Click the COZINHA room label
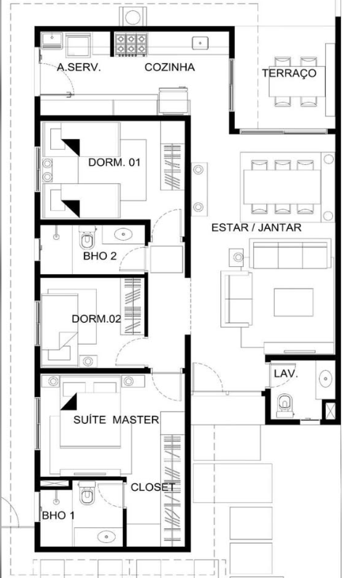click(169, 67)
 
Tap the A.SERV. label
click(79, 67)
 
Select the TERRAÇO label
click(289, 73)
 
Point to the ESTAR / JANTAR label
click(256, 228)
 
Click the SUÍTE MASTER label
click(116, 420)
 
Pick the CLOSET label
click(153, 487)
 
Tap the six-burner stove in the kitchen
click(131, 44)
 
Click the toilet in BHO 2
click(87, 238)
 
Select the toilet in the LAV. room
click(285, 406)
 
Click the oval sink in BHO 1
click(106, 537)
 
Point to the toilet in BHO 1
click(87, 493)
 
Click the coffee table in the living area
click(294, 302)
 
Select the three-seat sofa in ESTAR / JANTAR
click(290, 254)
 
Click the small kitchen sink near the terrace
click(200, 43)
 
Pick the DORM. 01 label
click(114, 162)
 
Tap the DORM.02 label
click(96, 318)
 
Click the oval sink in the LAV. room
click(325, 379)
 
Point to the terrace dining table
click(297, 81)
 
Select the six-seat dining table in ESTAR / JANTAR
click(282, 187)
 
